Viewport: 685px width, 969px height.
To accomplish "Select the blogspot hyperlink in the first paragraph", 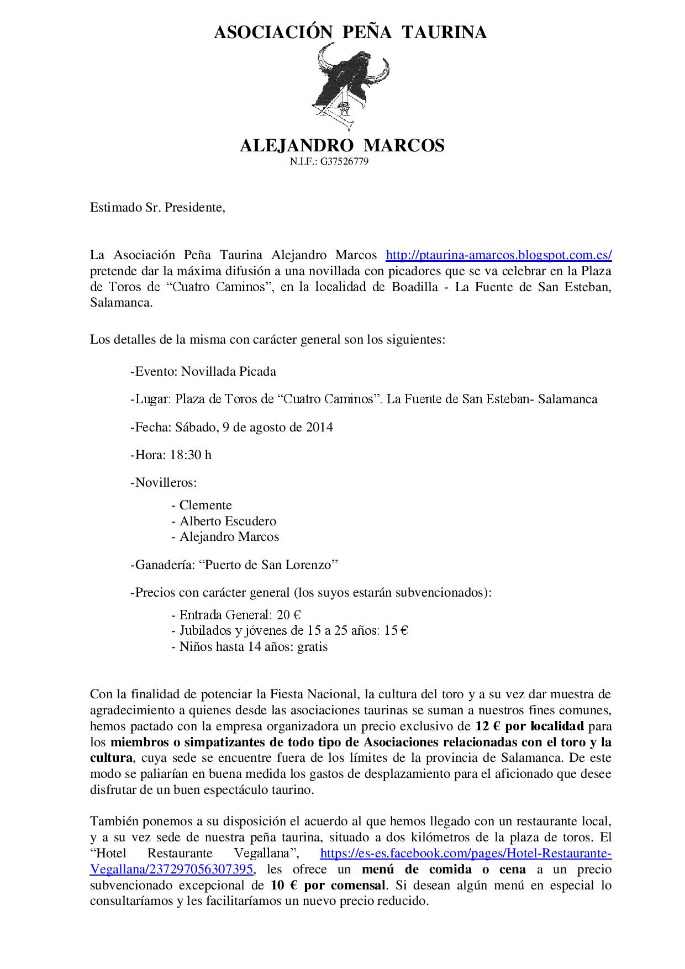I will (x=498, y=255).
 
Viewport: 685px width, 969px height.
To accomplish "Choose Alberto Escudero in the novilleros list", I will (x=228, y=521).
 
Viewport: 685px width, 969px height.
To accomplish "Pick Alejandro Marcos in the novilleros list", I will (x=229, y=536).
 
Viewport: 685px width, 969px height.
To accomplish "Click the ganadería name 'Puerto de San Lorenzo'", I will (x=268, y=565).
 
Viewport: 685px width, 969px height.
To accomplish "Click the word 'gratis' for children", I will (x=312, y=646).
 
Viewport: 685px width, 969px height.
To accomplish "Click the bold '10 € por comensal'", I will (x=328, y=885).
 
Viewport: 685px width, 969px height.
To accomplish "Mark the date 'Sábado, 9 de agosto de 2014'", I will (x=254, y=427).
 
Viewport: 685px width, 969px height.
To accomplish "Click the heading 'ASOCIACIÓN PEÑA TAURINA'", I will (x=350, y=33).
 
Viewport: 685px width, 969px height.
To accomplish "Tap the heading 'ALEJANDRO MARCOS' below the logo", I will (x=342, y=146).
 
